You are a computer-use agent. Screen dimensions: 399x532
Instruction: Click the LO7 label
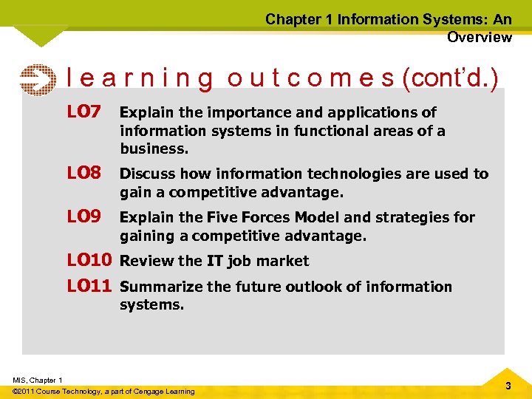click(83, 112)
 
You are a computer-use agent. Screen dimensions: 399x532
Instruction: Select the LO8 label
click(83, 173)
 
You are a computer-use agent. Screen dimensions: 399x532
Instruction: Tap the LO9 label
click(83, 216)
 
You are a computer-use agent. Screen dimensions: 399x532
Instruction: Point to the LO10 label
click(89, 260)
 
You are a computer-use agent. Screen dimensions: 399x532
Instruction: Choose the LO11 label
click(89, 285)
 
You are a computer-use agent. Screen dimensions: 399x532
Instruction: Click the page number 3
click(508, 386)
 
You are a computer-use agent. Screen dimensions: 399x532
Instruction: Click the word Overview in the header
click(479, 37)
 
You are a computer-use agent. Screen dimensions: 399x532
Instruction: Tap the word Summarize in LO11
click(158, 287)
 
